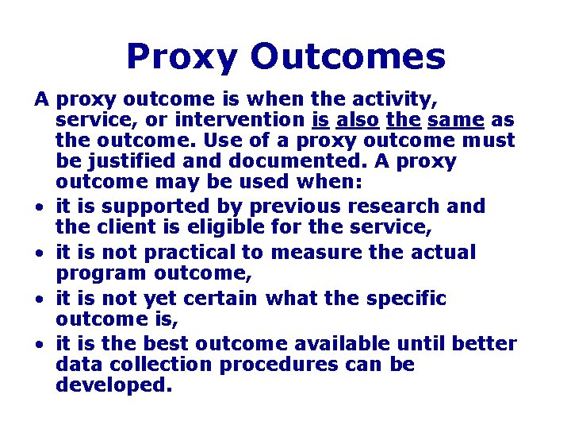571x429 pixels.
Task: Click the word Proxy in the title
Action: tap(182, 57)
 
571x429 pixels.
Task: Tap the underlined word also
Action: tap(357, 121)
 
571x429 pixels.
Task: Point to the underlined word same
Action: tap(456, 121)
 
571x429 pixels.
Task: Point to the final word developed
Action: tap(113, 386)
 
